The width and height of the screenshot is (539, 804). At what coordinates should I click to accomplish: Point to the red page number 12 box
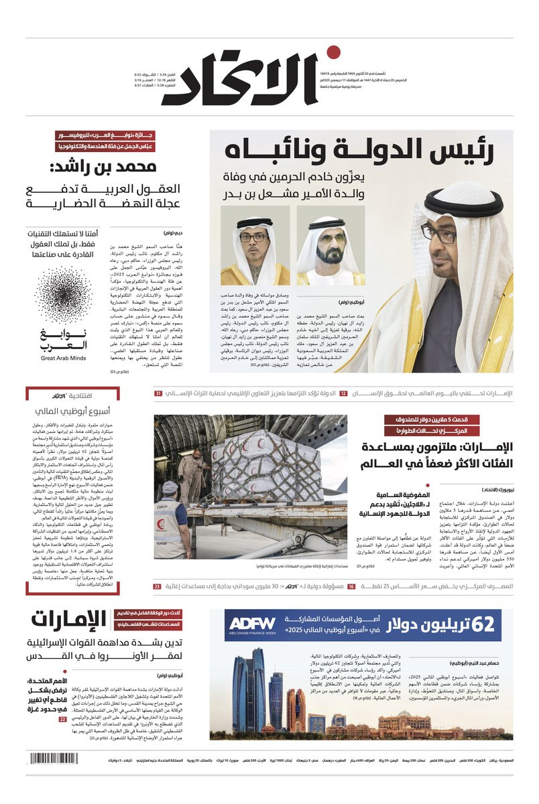pos(343,393)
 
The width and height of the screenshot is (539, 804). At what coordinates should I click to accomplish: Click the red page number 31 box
pos(158,393)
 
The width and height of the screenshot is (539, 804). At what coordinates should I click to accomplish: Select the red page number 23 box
pos(157,587)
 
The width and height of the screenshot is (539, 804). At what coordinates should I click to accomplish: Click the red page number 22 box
pos(62,720)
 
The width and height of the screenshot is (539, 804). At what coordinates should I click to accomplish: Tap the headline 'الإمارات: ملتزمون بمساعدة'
pos(429,448)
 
